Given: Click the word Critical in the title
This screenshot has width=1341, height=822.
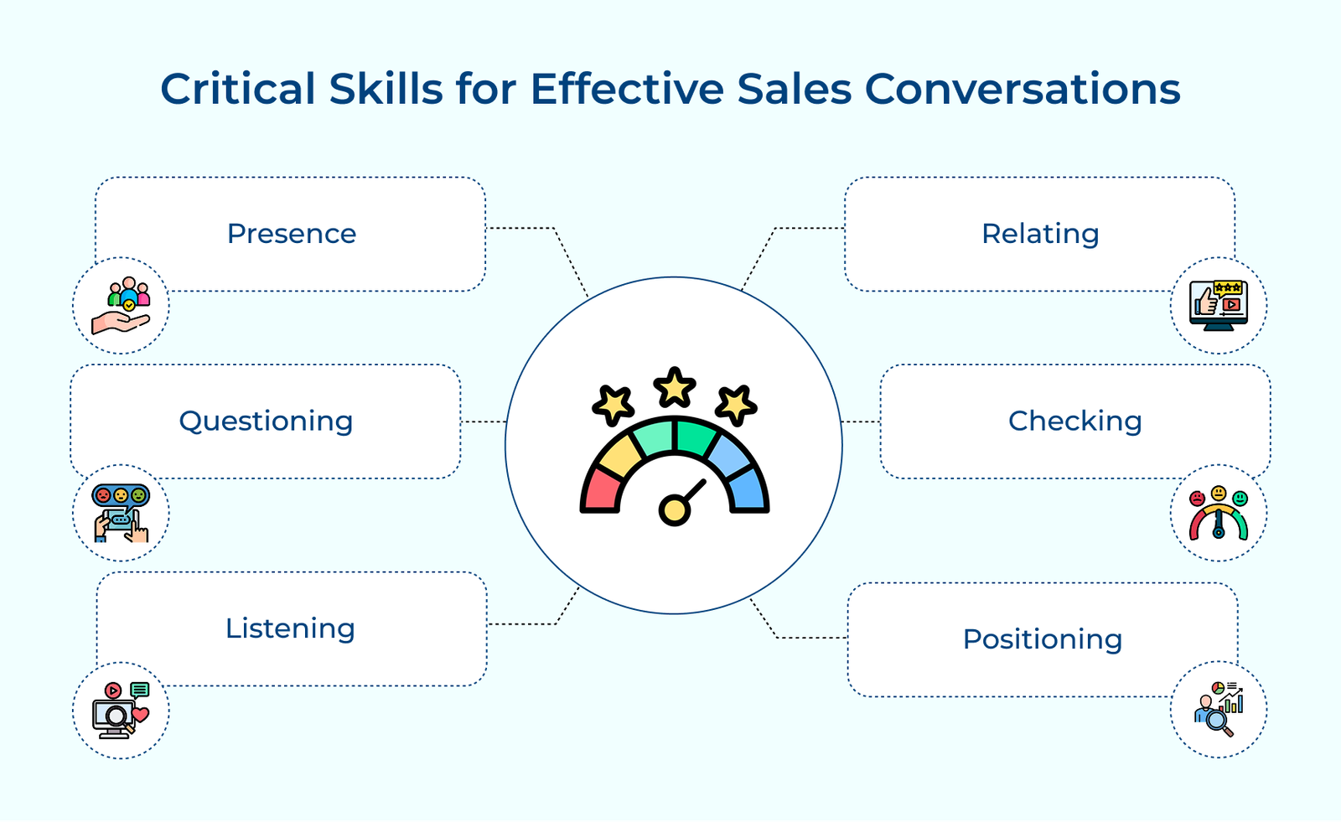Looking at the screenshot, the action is click(238, 89).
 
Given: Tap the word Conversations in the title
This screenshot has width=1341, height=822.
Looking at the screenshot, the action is click(1023, 89).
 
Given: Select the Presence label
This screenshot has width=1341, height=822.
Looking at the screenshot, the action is click(292, 234).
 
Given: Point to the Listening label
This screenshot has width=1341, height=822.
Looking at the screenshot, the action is click(290, 628).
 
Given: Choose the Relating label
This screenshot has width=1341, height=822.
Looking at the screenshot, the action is click(1040, 234).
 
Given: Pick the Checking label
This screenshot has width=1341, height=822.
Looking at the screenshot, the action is click(1075, 421).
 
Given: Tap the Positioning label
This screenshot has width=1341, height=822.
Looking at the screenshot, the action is click(1043, 639).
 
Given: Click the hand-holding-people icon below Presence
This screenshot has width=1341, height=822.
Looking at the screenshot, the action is click(121, 305).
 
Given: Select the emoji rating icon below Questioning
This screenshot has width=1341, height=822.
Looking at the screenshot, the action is click(121, 513).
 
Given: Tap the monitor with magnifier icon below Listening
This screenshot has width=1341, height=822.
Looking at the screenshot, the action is click(121, 711).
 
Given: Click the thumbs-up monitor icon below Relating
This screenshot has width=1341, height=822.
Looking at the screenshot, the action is click(1219, 305).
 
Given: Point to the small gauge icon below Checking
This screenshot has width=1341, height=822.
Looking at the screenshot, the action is click(1219, 513).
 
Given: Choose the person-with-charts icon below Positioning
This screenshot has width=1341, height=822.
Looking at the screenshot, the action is click(1219, 710).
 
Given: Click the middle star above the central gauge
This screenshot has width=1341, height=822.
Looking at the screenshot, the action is click(675, 387).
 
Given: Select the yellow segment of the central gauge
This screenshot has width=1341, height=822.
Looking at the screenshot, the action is click(620, 456).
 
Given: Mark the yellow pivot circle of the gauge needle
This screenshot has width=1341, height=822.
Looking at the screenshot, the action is click(674, 510).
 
